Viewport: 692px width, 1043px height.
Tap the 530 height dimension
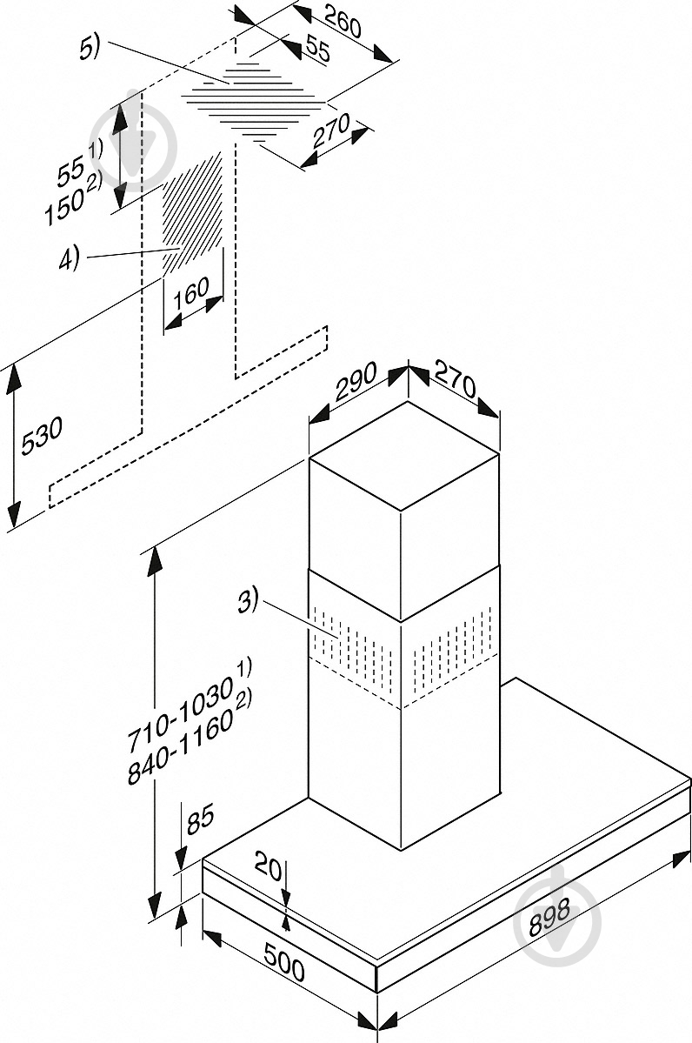coord(43,437)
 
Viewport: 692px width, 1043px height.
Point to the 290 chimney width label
coord(356,381)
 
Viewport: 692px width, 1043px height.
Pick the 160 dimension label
coord(190,292)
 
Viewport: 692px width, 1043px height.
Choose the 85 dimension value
coord(200,819)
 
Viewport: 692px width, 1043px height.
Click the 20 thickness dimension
coord(269,866)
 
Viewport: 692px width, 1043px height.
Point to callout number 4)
coord(70,258)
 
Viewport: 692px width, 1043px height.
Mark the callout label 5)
coord(89,48)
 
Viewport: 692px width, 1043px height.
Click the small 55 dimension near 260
coord(317,50)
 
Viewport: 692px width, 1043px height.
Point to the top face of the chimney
coord(403,456)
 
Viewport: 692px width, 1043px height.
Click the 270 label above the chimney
coord(456,378)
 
